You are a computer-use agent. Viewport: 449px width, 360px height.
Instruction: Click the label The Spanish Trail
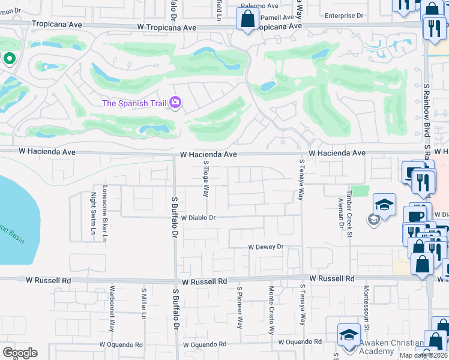tap(134, 103)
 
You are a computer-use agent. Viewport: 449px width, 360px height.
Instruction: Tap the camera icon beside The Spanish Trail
tap(175, 103)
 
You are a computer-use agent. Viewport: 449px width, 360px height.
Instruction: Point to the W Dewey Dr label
tap(265, 247)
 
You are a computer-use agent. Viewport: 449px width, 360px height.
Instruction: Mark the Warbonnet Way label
tap(112, 312)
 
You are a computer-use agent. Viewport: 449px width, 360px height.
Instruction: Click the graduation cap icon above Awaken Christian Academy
tap(349, 335)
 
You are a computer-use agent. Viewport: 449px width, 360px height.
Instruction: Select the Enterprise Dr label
tap(344, 16)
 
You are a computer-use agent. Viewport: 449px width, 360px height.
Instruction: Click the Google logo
tap(20, 353)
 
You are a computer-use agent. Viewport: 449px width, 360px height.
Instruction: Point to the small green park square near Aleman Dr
tap(359, 191)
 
